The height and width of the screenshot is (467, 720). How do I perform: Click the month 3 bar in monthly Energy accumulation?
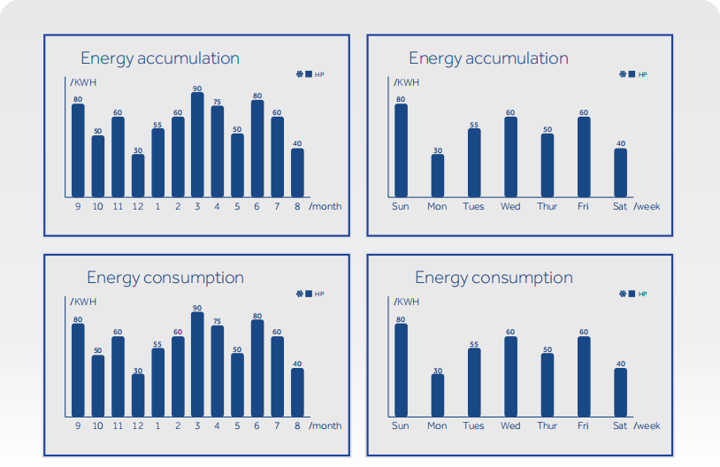click(x=197, y=144)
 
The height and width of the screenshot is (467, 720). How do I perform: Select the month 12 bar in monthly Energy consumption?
click(x=138, y=395)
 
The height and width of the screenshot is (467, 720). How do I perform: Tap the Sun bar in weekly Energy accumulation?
click(x=401, y=150)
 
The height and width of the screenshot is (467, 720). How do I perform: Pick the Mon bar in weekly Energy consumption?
click(x=438, y=395)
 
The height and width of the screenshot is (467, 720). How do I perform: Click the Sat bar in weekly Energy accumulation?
click(x=621, y=172)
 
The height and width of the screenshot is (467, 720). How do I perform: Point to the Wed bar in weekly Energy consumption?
click(x=510, y=377)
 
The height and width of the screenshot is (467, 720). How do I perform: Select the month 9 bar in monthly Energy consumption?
click(x=78, y=370)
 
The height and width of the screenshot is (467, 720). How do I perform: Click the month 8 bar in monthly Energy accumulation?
click(x=297, y=172)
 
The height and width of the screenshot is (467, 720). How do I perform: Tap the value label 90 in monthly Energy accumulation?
click(x=197, y=88)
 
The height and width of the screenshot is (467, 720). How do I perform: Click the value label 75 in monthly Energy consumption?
click(x=217, y=321)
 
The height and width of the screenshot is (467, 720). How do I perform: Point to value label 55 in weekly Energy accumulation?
click(x=474, y=125)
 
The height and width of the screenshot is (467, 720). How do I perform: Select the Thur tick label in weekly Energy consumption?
click(x=547, y=426)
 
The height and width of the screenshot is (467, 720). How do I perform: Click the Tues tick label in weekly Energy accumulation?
click(x=473, y=207)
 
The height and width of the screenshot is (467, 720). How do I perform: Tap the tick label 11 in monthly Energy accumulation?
click(x=118, y=207)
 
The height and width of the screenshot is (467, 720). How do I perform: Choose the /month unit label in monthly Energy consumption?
click(x=326, y=426)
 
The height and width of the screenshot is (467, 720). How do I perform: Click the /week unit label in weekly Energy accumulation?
click(x=647, y=207)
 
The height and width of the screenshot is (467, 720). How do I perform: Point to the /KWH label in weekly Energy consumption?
click(x=407, y=302)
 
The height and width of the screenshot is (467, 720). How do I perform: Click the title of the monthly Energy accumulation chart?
click(x=160, y=58)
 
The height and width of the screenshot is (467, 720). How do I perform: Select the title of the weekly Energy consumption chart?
click(x=494, y=278)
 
